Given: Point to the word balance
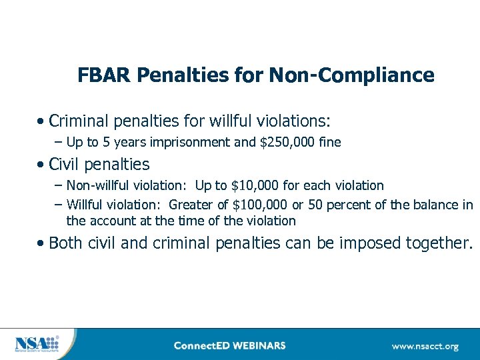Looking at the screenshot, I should [x=437, y=204].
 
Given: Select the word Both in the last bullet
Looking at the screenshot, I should [x=66, y=243].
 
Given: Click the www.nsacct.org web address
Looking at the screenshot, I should [x=425, y=346].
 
